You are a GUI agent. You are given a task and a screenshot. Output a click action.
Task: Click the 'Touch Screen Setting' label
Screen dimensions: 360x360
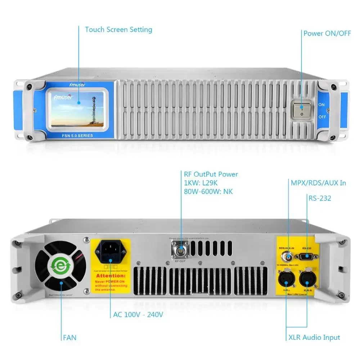pos(118,30)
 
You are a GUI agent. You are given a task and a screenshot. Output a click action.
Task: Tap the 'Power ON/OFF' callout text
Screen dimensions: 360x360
pos(327,33)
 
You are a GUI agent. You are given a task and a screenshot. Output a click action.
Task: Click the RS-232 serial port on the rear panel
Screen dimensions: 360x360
pos(307,256)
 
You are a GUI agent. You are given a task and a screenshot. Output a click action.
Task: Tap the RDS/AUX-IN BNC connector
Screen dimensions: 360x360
pos(288,256)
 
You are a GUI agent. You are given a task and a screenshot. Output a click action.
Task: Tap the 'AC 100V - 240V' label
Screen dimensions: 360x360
pos(138,315)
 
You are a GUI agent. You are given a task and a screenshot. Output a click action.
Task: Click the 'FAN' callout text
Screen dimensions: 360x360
pos(69,338)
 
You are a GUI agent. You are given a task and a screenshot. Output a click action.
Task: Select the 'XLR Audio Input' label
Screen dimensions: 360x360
pos(314,337)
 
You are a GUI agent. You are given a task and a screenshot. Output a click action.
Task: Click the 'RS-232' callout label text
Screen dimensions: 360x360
pos(320,198)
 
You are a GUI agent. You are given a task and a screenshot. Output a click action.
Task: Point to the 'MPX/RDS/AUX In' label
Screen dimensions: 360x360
pos(318,183)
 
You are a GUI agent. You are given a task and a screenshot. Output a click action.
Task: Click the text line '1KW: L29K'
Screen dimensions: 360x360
pos(201,183)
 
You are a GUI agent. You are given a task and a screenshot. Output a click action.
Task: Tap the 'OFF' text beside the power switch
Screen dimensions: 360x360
pos(322,117)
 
